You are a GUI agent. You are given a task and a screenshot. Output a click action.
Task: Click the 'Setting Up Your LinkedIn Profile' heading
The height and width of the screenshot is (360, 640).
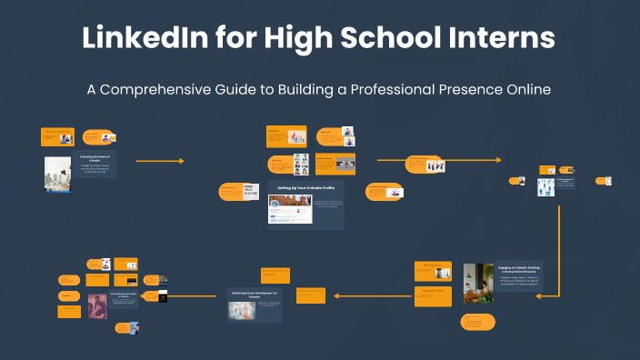pyautogui.click(x=305, y=186)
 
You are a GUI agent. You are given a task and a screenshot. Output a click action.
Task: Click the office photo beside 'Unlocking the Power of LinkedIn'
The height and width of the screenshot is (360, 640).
pyautogui.click(x=57, y=172)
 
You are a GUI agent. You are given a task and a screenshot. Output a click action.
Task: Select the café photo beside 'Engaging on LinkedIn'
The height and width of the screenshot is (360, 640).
pyautogui.click(x=477, y=283)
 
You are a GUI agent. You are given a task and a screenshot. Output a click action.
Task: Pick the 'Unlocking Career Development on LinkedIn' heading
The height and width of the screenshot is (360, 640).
pyautogui.click(x=254, y=295)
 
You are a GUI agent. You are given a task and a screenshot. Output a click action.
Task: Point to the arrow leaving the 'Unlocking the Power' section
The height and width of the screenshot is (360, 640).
pyautogui.click(x=160, y=161)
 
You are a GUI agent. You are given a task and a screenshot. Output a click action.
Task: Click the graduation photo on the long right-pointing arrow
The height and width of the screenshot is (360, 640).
pyautogui.click(x=437, y=167)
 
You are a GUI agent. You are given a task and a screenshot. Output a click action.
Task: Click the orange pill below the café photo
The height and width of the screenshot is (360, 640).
pyautogui.click(x=476, y=322)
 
